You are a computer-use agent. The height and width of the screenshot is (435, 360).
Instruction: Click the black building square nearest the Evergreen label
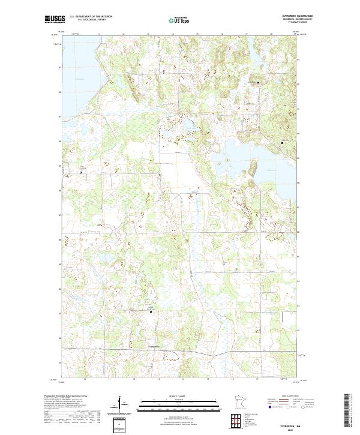click(151, 312)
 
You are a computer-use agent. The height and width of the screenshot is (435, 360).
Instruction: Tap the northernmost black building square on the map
click(259, 82)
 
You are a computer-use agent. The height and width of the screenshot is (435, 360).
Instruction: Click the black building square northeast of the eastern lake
click(283, 143)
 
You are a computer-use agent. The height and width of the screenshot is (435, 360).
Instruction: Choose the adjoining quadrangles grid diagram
click(236, 418)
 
